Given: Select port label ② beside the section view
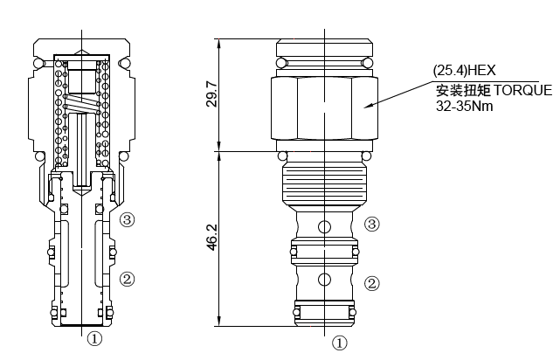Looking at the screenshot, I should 128,280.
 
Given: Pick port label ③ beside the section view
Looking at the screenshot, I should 128,219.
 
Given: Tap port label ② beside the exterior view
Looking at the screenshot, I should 371,283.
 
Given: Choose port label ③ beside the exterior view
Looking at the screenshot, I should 371,225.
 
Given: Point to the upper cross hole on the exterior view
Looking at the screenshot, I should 324,227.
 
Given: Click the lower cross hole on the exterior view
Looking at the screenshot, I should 324,280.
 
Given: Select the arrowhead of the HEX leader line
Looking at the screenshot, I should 368,107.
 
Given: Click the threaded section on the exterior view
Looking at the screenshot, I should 324,184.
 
